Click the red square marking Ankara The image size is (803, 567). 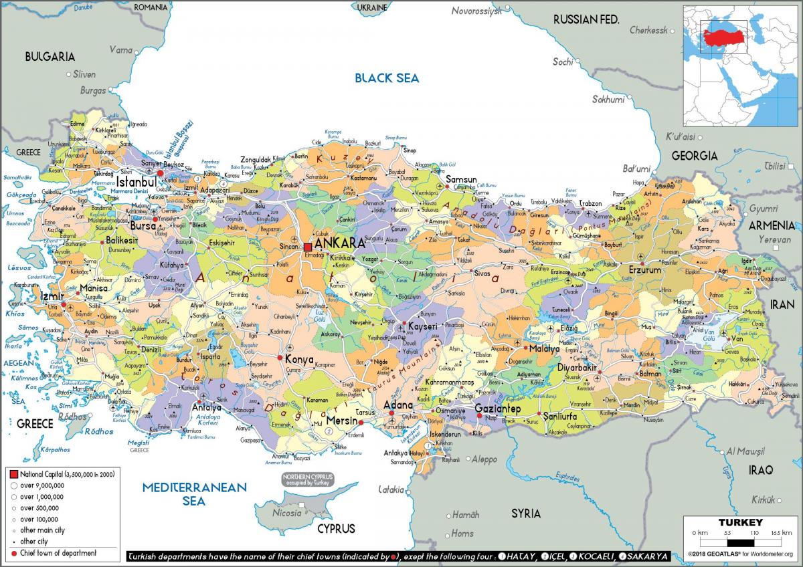(308, 247)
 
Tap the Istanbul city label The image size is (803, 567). (136, 183)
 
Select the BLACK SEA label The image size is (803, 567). (387, 78)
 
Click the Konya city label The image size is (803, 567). (299, 360)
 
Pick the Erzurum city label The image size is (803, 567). (644, 270)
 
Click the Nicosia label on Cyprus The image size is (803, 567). (287, 513)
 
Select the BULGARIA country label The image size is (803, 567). (50, 57)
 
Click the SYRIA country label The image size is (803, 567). (525, 514)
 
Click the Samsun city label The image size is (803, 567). (461, 180)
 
